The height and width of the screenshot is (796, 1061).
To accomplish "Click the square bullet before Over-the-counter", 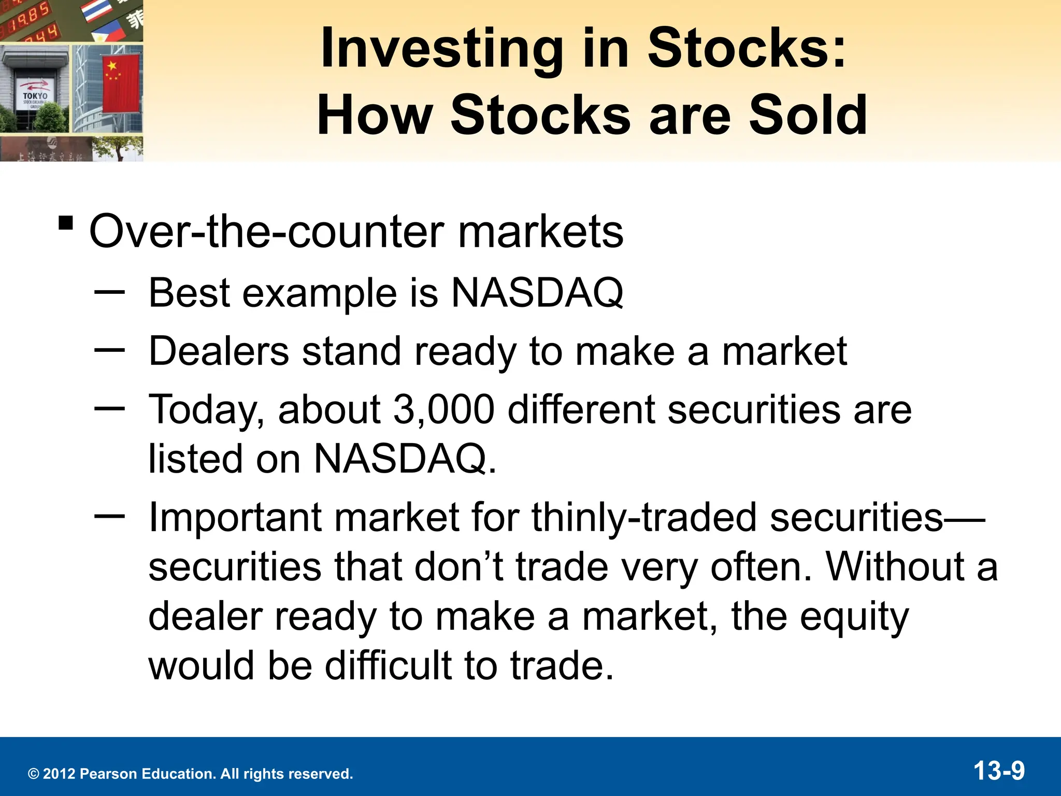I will pos(66,223).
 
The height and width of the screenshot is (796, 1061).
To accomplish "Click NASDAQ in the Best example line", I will pos(537,293).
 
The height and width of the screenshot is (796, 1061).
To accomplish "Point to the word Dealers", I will pos(218,352).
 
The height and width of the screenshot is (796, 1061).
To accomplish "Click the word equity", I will pos(854,618).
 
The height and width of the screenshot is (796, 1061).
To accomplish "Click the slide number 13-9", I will pos(999,771).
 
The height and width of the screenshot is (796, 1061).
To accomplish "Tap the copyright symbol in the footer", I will pos(34,774).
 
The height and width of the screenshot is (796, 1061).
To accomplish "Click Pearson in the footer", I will pos(109,774).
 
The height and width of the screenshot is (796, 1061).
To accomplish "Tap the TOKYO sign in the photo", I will pos(35,96).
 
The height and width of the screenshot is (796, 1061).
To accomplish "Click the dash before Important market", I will pos(109,516).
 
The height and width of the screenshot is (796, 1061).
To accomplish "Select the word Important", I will pos(235,518).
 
